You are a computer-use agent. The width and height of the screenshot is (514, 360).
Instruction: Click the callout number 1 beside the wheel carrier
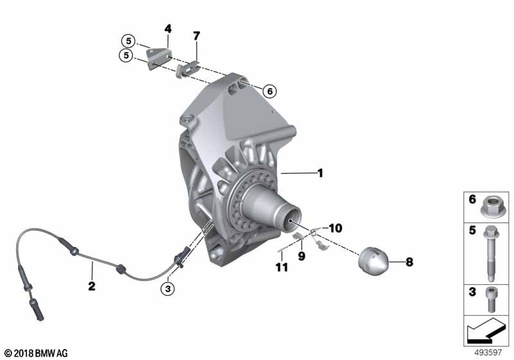pos(320,173)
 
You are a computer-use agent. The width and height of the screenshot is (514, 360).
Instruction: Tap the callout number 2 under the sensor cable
pos(92,286)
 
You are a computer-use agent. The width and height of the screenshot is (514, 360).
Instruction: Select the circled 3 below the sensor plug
pos(168,289)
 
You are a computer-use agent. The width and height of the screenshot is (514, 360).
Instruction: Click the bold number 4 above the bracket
pos(168,29)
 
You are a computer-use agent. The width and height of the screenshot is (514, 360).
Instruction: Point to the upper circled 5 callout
pos(128,41)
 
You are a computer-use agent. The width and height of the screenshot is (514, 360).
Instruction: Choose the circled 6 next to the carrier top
pos(270,91)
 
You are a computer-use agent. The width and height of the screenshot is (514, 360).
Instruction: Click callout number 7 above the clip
pos(196,36)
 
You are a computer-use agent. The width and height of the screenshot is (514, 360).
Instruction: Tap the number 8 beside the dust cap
pos(409,262)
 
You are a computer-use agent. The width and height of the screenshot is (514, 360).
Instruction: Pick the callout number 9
pos(301,256)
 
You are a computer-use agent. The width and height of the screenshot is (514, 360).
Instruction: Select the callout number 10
pos(335,228)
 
